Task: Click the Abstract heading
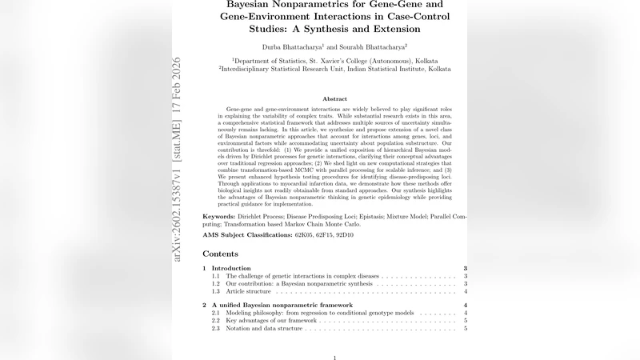[x=334, y=98]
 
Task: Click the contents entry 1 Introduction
[x=232, y=268]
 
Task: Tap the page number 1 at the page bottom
[x=334, y=358]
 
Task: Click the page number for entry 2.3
[x=466, y=329]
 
